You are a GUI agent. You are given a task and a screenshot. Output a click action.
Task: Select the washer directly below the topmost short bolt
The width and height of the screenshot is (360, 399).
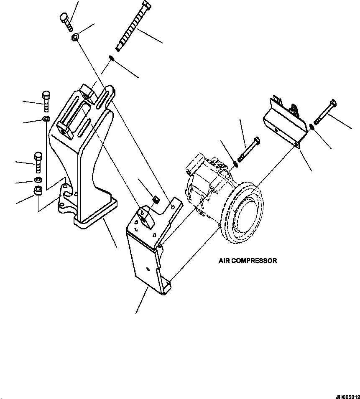pos(74,38)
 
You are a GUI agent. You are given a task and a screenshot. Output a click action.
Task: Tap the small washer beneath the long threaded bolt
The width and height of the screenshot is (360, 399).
pos(111,58)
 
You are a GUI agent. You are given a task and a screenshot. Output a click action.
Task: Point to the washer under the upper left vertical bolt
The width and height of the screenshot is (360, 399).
pos(46,120)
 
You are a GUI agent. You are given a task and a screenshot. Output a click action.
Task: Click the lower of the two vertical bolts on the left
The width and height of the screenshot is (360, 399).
pos(37,162)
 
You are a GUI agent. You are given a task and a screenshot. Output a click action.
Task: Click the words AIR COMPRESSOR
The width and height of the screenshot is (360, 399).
pos(248,261)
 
